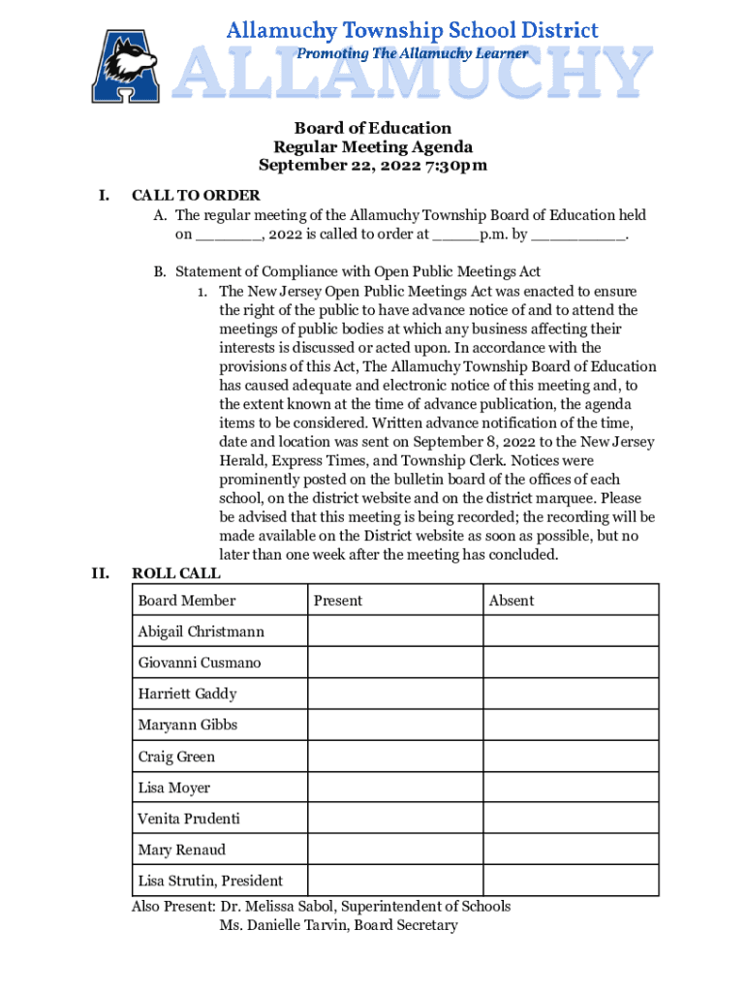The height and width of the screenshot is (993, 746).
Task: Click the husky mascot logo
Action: [x=126, y=66]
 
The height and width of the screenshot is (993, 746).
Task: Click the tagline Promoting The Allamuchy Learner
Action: [x=412, y=53]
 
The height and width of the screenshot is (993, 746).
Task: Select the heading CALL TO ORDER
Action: [x=196, y=196]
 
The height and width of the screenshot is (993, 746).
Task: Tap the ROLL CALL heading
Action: [x=176, y=574]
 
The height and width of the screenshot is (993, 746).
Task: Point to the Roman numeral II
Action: [x=100, y=574]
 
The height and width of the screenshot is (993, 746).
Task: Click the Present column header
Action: [x=337, y=600]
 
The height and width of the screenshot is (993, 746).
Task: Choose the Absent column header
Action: [x=512, y=600]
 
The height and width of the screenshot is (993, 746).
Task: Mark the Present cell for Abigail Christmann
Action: [x=395, y=631]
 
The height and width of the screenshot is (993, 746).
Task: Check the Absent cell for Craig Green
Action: [x=571, y=756]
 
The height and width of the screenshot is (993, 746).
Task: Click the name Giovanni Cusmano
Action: [x=199, y=663]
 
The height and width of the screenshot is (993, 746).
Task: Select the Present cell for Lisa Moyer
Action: [x=395, y=787]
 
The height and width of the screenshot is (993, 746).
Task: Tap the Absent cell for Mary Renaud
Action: [x=571, y=849]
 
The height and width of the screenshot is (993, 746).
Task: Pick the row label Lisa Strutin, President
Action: [x=210, y=881]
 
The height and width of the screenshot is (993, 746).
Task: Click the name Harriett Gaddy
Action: [x=187, y=694]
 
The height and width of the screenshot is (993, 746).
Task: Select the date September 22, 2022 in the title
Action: [x=347, y=166]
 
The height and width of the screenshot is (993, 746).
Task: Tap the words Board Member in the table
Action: [x=186, y=600]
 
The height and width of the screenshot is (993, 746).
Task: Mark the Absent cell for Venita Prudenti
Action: [x=571, y=818]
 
